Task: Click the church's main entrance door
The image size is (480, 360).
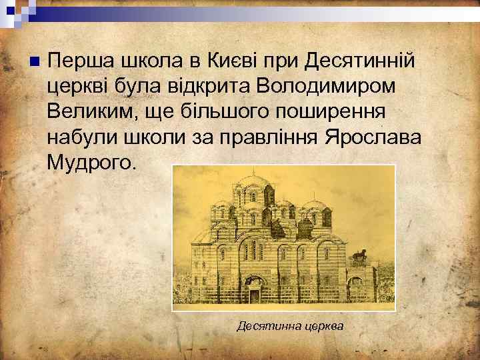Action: click(x=254, y=293)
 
